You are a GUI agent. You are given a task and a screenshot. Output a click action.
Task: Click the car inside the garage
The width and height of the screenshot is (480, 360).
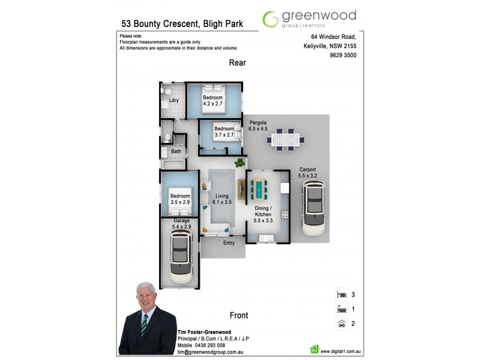point(181,257)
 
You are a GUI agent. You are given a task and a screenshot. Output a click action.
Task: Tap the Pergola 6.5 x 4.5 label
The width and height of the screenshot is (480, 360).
point(258,125)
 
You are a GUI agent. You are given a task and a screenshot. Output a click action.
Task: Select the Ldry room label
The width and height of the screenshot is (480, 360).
point(174,100)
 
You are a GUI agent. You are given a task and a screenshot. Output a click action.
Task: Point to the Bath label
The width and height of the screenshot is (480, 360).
point(176,151)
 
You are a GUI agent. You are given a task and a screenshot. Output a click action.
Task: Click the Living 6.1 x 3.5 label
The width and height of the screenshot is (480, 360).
point(221,199)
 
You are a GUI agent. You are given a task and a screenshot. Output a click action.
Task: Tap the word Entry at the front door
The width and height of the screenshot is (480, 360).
point(229,243)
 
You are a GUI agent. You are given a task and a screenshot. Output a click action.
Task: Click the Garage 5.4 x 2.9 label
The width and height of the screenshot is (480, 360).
point(181,224)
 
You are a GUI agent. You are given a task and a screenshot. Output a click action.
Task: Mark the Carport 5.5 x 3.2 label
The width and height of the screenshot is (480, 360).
point(308,173)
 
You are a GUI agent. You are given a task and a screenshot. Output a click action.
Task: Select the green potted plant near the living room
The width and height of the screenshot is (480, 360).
point(241,162)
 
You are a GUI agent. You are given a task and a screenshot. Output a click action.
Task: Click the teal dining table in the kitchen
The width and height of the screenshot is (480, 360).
point(259,188)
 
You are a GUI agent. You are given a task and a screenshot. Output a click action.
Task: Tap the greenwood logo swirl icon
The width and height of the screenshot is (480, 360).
point(271,19)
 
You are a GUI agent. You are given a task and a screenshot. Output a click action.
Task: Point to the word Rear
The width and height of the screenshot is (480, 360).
point(237,63)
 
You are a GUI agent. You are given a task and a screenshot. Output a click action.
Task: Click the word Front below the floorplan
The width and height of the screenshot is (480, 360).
point(239,315)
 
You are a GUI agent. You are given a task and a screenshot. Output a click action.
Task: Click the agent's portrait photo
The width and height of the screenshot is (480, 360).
point(148,318)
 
